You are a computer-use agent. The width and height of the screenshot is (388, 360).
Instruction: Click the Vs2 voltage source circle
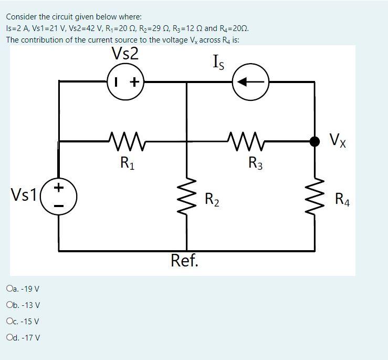click(x=126, y=81)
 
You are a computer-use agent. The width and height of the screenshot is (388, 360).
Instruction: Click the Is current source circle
click(x=251, y=81)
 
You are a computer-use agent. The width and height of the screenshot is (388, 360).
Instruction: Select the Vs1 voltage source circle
click(x=59, y=197)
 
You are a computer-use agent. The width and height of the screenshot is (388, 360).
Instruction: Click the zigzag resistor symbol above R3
click(x=248, y=140)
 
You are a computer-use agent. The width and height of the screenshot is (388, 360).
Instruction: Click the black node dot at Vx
click(x=314, y=141)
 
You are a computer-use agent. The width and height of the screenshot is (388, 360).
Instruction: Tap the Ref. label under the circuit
click(x=185, y=260)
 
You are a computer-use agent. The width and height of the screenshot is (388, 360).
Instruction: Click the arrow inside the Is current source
click(x=250, y=81)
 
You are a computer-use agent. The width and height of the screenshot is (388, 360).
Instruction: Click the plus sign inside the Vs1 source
click(x=59, y=187)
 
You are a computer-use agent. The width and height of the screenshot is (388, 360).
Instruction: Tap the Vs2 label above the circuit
click(x=125, y=54)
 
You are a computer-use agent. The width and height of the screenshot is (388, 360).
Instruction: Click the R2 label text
click(x=213, y=200)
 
